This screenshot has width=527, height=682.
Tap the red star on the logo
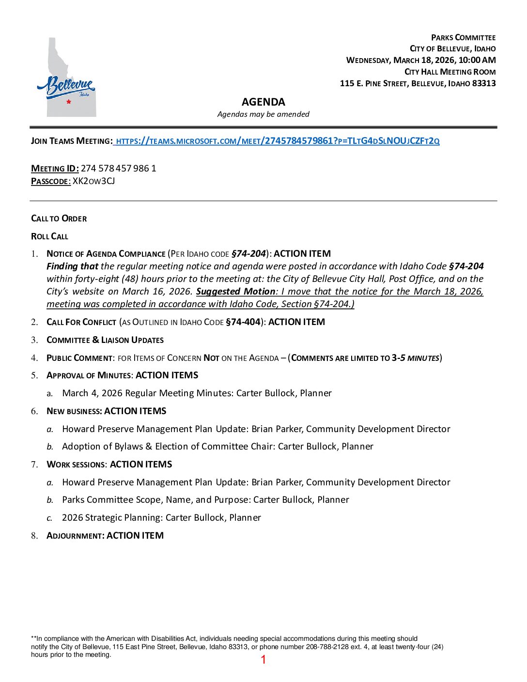coord(69,102)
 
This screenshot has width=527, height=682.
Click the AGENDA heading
coord(263,102)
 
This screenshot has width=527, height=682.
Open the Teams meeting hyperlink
coord(277,141)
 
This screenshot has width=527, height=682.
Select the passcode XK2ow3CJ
coord(93,181)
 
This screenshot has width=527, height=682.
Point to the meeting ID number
coord(118,169)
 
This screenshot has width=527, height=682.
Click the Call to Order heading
coord(59,218)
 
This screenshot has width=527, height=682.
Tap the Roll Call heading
coord(49,236)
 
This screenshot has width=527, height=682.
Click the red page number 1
coord(263,659)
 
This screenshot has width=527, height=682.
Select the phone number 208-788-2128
coord(327,647)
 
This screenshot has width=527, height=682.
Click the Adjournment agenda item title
coord(75,536)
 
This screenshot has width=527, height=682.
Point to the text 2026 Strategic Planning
coord(112,518)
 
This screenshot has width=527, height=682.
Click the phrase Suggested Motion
coord(235,292)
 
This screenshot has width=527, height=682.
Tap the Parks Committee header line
coord(463,38)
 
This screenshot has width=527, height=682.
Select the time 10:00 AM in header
coord(477,60)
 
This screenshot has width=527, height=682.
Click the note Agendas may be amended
coord(263,114)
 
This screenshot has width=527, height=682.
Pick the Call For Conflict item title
coord(81,322)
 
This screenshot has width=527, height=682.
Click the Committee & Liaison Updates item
coord(105,340)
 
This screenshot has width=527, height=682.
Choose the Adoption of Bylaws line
coord(217,447)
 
